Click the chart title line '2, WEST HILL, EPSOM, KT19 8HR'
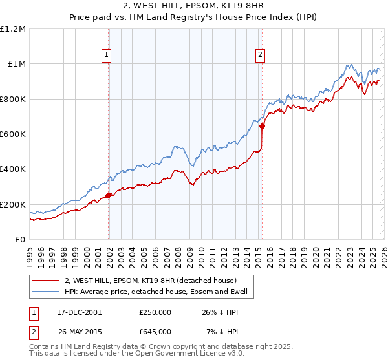coord(193,6)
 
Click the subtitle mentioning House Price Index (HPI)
coord(193,17)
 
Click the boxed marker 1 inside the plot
coord(106,55)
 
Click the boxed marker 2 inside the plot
coord(260,55)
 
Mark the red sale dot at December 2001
coord(109,195)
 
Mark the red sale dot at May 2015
coord(262,127)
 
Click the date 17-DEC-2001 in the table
coord(80,312)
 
